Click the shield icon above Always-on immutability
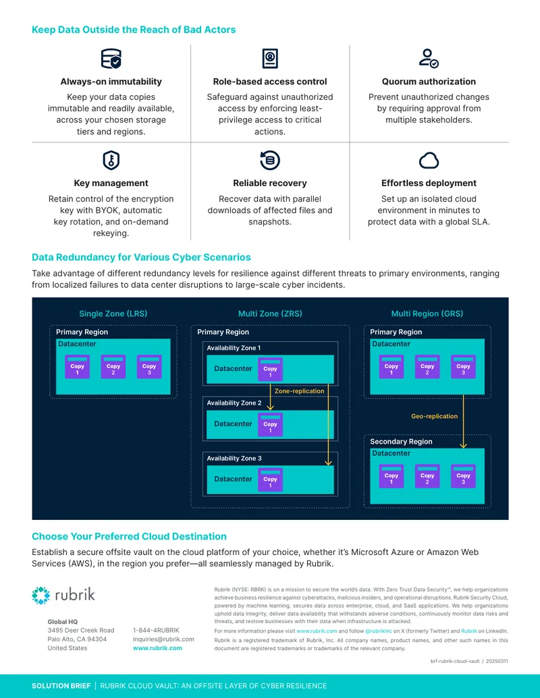(x=111, y=58)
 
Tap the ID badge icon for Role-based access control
(x=270, y=58)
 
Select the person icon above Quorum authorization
(x=429, y=58)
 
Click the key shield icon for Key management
(x=111, y=161)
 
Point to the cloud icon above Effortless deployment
(x=429, y=161)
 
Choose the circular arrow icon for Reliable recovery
(x=269, y=161)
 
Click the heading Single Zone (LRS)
(x=113, y=314)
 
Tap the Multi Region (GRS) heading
(x=427, y=314)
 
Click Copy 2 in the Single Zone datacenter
(x=113, y=367)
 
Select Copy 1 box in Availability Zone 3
(x=270, y=479)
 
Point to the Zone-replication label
(x=300, y=391)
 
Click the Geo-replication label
(x=435, y=416)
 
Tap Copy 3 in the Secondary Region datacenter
(x=463, y=476)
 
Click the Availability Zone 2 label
(x=234, y=403)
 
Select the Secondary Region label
(x=401, y=442)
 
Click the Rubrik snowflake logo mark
(x=41, y=595)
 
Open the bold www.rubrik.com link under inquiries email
(x=157, y=648)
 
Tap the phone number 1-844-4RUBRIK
(x=156, y=631)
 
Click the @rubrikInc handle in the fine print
(x=379, y=631)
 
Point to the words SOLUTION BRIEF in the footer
(x=61, y=686)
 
